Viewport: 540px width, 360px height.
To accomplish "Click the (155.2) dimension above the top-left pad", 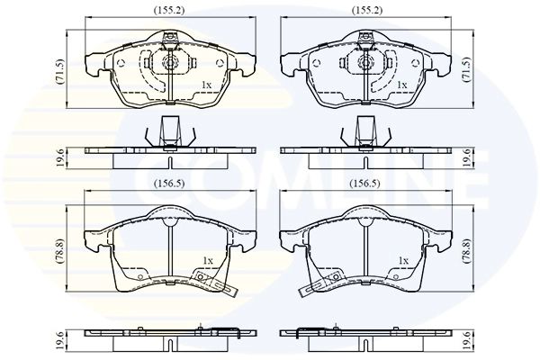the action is coord(169,11).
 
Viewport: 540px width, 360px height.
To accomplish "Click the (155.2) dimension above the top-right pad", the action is coord(367,11).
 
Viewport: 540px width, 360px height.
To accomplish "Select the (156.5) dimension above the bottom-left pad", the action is coord(169,184).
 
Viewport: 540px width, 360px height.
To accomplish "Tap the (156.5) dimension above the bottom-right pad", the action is coord(365,184).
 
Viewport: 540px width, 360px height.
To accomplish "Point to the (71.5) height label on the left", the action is coord(60,72).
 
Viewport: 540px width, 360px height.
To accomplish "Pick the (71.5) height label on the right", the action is coord(467,69).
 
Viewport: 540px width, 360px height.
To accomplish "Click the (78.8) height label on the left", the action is coord(61,251).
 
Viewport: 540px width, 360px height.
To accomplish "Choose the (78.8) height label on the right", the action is coord(467,251).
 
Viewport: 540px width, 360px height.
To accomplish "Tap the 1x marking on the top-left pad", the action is coord(206,85).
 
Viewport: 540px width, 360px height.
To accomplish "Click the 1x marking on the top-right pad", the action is coord(402,85).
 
